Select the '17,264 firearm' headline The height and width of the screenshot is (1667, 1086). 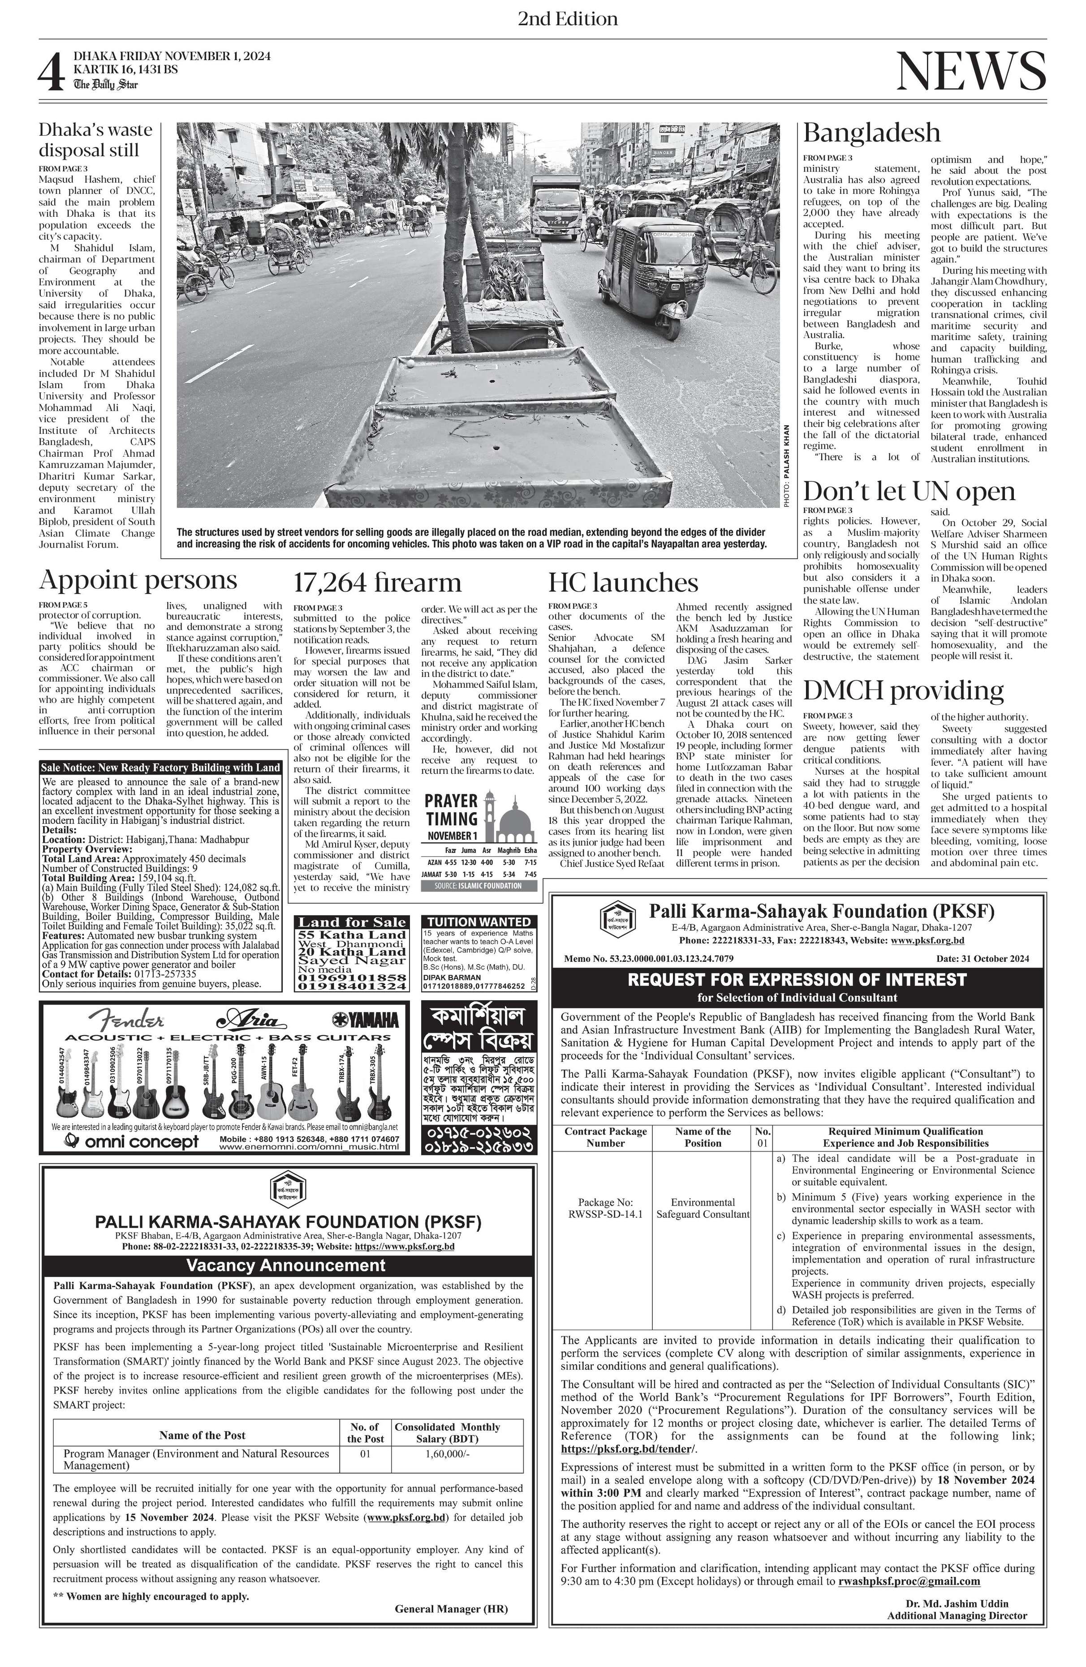[x=377, y=583]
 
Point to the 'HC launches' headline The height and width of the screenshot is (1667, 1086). [x=623, y=583]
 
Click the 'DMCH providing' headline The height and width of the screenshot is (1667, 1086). [x=902, y=690]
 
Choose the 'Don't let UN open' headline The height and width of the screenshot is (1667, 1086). [x=909, y=492]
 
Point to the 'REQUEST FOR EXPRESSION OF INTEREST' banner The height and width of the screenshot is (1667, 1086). [x=797, y=979]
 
